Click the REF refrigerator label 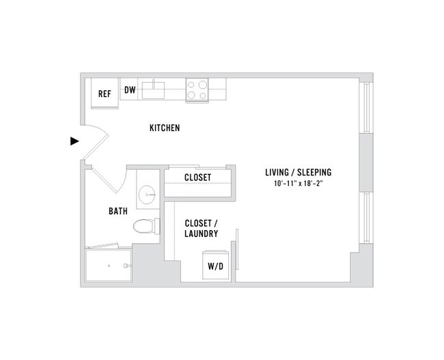click(105, 94)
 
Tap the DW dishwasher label click(130, 89)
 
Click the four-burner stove click(197, 90)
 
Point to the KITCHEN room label click(165, 128)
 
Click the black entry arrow click(75, 141)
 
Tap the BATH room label click(118, 211)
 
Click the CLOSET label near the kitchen click(197, 178)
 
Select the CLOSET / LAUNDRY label click(201, 228)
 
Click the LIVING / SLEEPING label click(303, 171)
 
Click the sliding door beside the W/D click(236, 253)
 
